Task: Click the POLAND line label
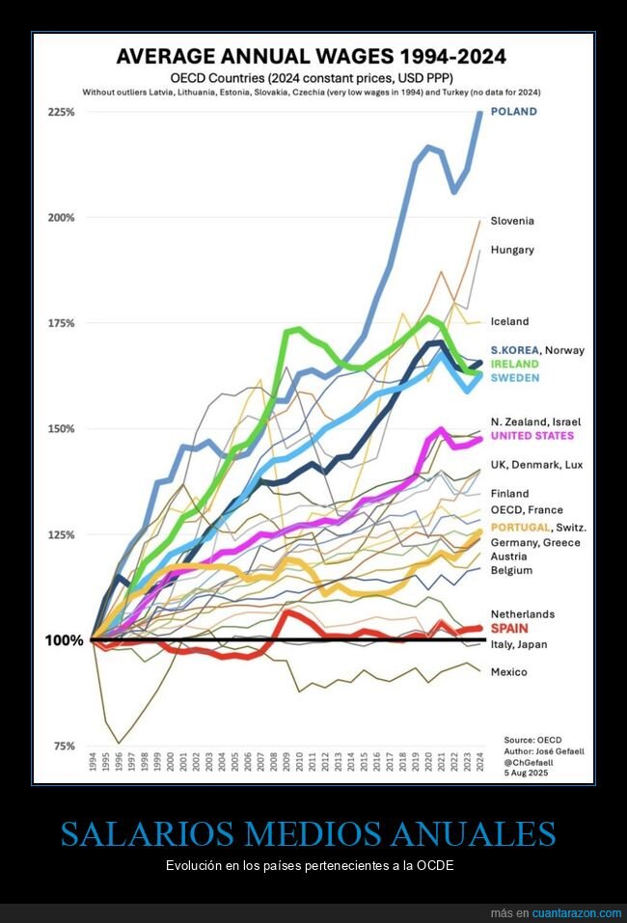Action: pyautogui.click(x=513, y=112)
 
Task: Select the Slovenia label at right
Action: pyautogui.click(x=511, y=221)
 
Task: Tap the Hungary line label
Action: pyautogui.click(x=511, y=250)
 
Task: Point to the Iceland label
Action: pyautogui.click(x=509, y=322)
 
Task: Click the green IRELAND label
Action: pyautogui.click(x=514, y=365)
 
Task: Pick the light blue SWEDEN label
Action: pyautogui.click(x=514, y=378)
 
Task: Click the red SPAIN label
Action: pyautogui.click(x=510, y=628)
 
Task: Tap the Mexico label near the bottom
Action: pyautogui.click(x=508, y=672)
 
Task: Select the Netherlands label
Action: pyautogui.click(x=522, y=614)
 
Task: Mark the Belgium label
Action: pyautogui.click(x=510, y=570)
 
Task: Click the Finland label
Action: pyautogui.click(x=509, y=494)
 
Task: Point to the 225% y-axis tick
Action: pyautogui.click(x=61, y=112)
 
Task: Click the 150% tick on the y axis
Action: pyautogui.click(x=61, y=429)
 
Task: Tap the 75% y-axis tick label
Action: pyautogui.click(x=63, y=747)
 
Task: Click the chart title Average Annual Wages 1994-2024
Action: pyautogui.click(x=311, y=56)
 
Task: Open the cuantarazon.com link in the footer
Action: pyautogui.click(x=577, y=912)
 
